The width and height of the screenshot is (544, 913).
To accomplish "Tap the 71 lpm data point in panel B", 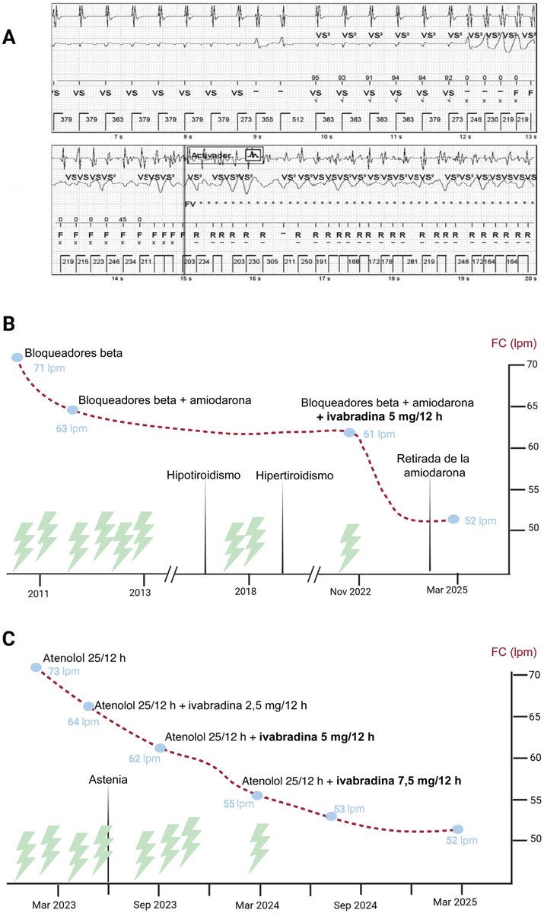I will tap(17, 358).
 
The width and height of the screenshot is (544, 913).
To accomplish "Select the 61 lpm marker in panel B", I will tap(349, 432).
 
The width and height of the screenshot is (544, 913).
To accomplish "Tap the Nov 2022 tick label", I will tap(350, 591).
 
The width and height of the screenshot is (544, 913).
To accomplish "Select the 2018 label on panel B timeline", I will tap(245, 591).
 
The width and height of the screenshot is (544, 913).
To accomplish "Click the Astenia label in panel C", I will tap(108, 780).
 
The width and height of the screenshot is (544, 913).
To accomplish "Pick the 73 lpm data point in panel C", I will tap(36, 667).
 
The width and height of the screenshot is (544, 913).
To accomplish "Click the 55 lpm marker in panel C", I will tap(257, 795).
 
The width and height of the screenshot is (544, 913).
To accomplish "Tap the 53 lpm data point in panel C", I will tap(331, 816).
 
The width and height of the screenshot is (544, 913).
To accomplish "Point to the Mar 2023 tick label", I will tap(58, 902).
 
